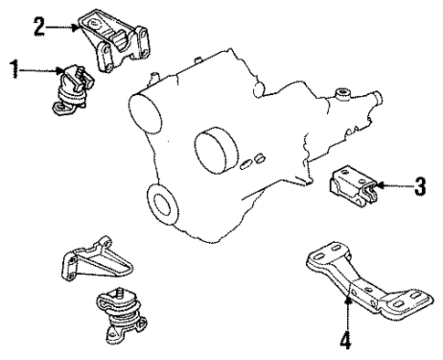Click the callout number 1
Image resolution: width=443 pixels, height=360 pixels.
coord(11,70)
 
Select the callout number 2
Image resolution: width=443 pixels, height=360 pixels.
coord(39,28)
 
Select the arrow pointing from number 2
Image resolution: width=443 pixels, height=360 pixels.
coord(65,28)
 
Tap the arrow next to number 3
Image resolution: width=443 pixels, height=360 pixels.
coord(394,189)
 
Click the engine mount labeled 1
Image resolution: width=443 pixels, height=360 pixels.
coord(71,88)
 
